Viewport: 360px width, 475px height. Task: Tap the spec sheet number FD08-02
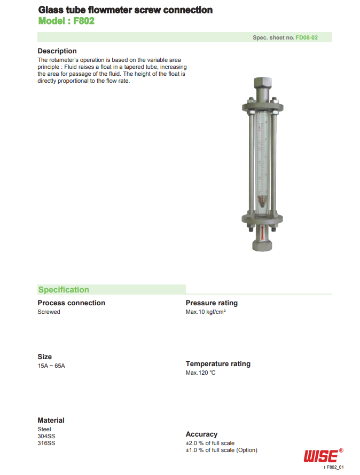(307, 38)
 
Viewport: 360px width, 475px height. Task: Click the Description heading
(57, 51)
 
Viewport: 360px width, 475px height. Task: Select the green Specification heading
(64, 290)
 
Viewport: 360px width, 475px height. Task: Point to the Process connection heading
(71, 303)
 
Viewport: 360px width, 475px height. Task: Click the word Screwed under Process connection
(49, 312)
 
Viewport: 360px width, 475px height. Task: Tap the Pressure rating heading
(212, 303)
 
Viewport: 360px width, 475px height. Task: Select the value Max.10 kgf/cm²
(206, 312)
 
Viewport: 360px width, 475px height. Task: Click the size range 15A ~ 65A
(51, 366)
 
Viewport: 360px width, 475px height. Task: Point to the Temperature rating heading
(218, 364)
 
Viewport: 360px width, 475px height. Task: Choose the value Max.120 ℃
(201, 373)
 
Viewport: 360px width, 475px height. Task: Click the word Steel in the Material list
(44, 429)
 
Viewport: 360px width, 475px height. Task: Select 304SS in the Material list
(46, 436)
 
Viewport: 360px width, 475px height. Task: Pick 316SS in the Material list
(46, 443)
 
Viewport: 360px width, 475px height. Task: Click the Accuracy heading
(201, 434)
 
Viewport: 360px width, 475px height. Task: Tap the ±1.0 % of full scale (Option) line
(221, 450)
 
